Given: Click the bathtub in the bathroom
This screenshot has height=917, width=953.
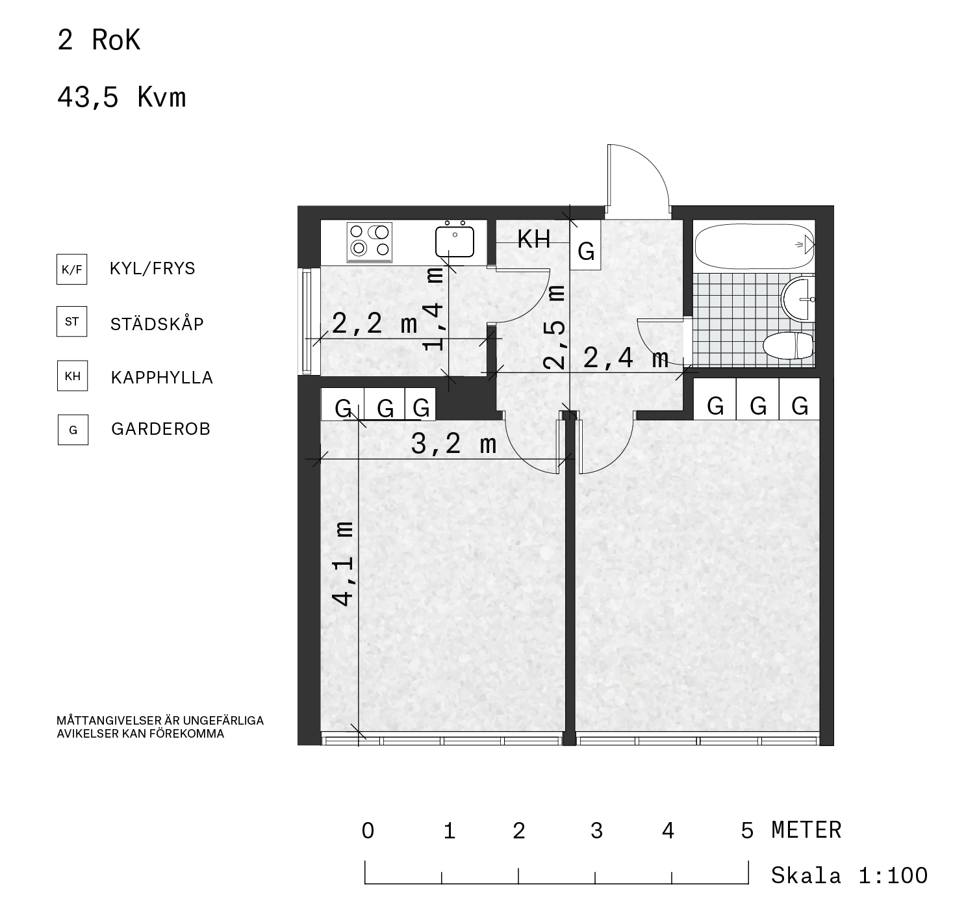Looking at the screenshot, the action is tap(754, 246).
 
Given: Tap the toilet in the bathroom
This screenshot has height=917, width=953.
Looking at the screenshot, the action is tap(788, 345).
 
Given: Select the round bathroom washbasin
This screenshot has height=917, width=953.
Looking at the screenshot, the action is tap(798, 299).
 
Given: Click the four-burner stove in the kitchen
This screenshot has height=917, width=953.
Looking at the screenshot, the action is tap(369, 242).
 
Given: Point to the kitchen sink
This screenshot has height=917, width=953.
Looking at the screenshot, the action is tap(455, 240).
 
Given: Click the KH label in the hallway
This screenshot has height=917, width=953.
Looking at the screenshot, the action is tap(534, 239).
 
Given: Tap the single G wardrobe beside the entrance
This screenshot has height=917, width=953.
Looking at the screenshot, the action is tap(586, 245).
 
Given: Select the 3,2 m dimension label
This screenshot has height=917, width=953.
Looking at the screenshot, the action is tap(453, 445).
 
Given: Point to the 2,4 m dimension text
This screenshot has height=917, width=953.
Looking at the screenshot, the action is tap(626, 358).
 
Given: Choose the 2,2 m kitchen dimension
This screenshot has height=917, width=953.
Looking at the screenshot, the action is tap(375, 324).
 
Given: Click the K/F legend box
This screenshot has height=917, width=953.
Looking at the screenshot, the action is tap(71, 269).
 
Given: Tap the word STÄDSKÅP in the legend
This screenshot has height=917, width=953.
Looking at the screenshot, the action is tap(157, 324).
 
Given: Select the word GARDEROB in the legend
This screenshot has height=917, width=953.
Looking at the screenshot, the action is tap(160, 429).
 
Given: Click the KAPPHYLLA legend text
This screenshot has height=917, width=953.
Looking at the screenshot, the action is tap(162, 378).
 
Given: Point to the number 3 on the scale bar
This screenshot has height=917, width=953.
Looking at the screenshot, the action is tap(596, 831).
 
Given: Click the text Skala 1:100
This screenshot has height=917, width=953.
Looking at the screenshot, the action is tap(849, 875).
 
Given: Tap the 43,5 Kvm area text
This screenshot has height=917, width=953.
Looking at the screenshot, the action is tap(121, 97).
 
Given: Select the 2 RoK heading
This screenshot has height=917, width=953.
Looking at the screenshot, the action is tap(99, 40).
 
